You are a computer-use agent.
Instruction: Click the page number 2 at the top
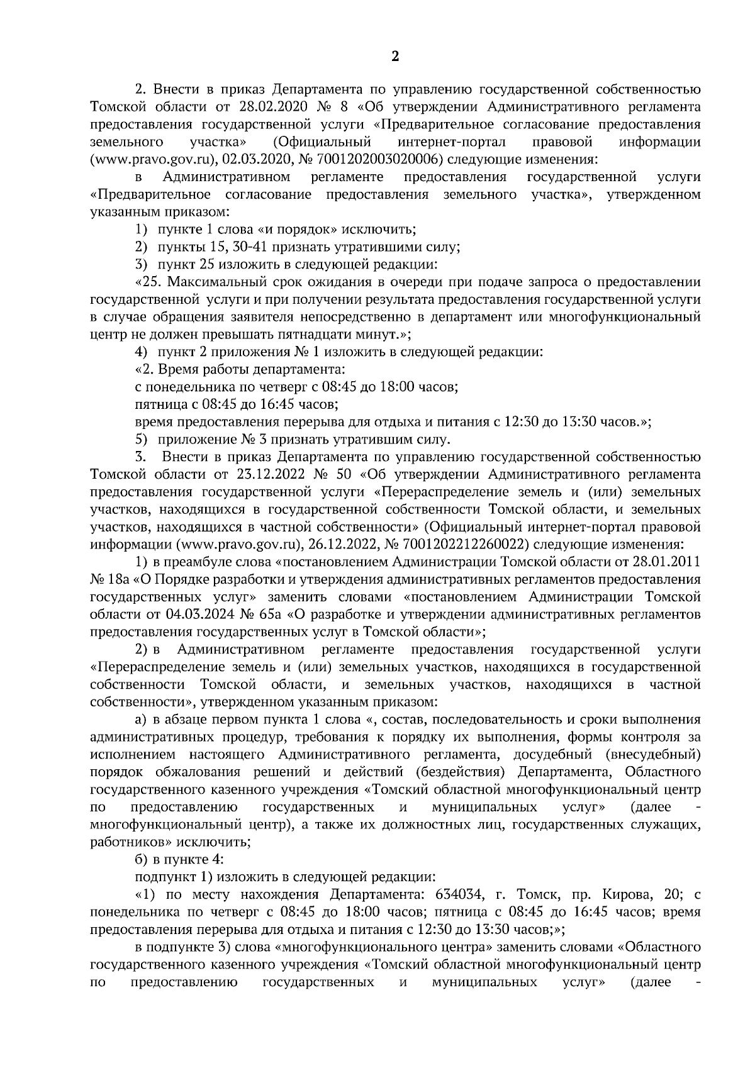(395, 57)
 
